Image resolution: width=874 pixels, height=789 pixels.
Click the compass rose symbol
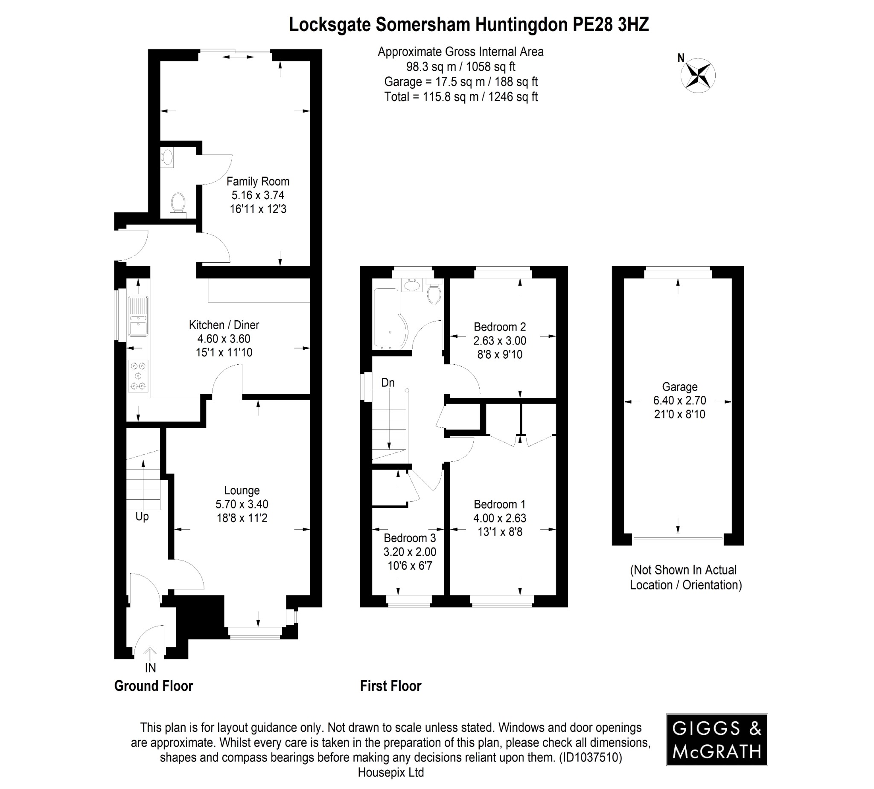point(698,75)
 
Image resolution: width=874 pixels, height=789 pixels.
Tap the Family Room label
point(258,181)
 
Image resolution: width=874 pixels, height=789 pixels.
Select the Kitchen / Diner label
point(224,325)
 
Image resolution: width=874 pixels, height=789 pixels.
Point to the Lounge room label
point(242,490)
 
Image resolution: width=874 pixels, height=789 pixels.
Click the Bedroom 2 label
point(500,327)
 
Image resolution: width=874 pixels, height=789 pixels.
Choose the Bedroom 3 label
point(410,538)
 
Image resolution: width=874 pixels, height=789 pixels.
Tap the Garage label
point(679,387)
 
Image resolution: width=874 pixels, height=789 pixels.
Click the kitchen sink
point(138,316)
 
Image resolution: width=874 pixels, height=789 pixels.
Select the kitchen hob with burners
point(138,376)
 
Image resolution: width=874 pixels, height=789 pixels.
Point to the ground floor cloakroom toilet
point(178,205)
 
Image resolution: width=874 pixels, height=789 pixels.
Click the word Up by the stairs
point(142,516)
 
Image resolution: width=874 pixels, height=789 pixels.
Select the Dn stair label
point(387,383)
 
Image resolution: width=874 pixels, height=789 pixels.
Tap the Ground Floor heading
point(154,686)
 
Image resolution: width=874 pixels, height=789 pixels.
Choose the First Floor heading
point(390,686)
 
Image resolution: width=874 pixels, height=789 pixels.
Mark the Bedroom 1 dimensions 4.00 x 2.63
point(500,518)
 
